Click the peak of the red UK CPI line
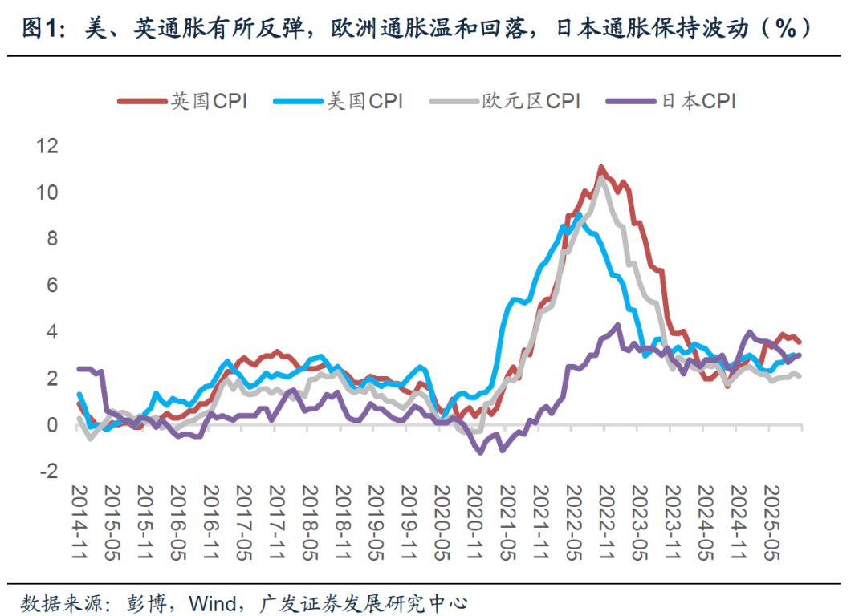pos(600,168)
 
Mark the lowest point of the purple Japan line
pos(481,453)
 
